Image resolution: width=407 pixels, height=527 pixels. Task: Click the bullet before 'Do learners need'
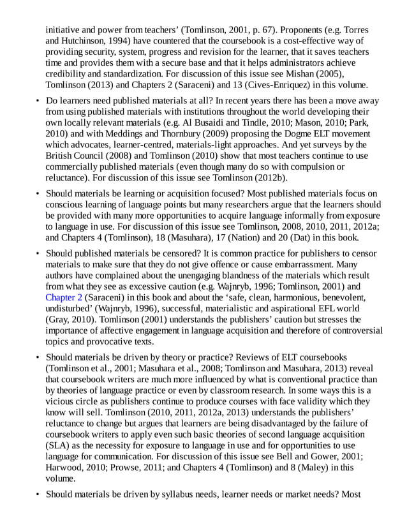point(38,101)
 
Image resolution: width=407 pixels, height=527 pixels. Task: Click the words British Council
point(73,156)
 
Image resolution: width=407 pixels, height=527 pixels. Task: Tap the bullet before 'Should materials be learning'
point(38,194)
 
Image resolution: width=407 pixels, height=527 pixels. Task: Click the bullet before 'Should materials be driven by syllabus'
point(38,494)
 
